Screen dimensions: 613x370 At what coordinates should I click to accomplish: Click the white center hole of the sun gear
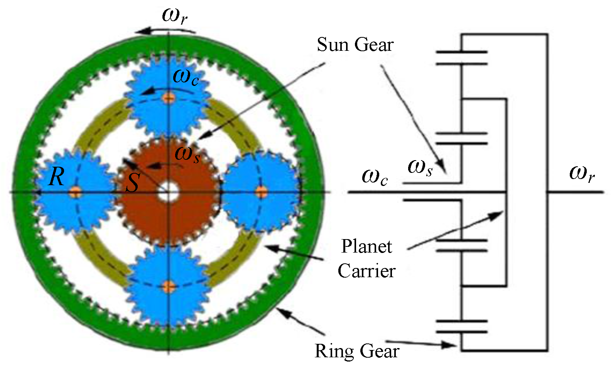pyautogui.click(x=169, y=191)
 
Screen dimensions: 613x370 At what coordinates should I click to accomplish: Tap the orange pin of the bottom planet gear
pyautogui.click(x=169, y=286)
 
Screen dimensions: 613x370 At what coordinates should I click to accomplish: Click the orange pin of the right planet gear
pyautogui.click(x=262, y=191)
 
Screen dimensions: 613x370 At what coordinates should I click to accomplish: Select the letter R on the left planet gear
pyautogui.click(x=57, y=177)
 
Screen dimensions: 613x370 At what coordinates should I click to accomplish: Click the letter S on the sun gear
pyautogui.click(x=132, y=183)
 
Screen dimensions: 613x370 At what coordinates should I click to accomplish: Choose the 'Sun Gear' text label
pyautogui.click(x=355, y=45)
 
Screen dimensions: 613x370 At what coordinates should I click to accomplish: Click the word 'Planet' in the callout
pyautogui.click(x=366, y=247)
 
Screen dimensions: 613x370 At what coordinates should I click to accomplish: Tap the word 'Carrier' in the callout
pyautogui.click(x=366, y=271)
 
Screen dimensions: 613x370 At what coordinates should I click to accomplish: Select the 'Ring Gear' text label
pyautogui.click(x=357, y=351)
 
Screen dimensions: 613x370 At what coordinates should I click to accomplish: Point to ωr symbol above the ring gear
pyautogui.click(x=175, y=16)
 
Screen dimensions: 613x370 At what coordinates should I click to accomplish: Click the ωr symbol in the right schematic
pyautogui.click(x=582, y=173)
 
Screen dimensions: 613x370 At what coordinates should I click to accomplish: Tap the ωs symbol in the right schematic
pyautogui.click(x=420, y=167)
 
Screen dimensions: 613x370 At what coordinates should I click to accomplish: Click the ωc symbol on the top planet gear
pyautogui.click(x=186, y=76)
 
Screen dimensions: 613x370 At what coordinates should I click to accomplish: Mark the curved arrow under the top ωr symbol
pyautogui.click(x=166, y=31)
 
